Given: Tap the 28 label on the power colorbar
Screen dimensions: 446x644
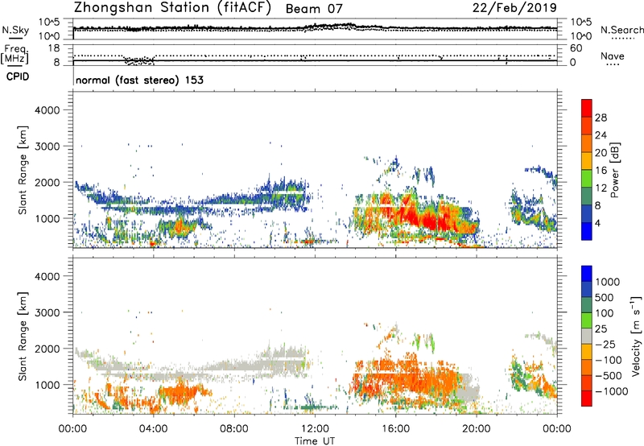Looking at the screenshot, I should tap(599, 118).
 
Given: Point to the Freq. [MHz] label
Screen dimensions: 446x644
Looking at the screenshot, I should tap(16, 55).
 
